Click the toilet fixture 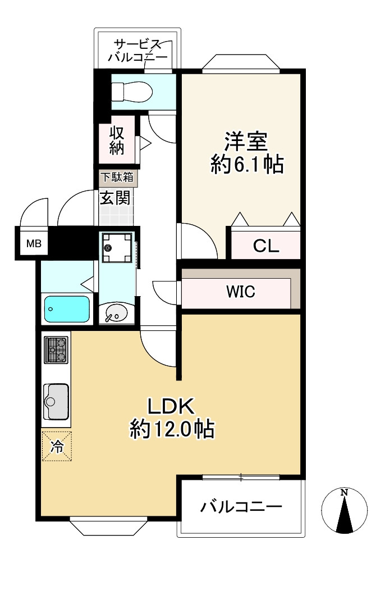132,92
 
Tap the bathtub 67,309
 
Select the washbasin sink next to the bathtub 117,312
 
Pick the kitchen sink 56,402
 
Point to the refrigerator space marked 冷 57,446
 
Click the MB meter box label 34,243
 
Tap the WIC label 241,292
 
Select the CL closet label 266,246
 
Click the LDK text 171,406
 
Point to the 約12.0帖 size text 172,429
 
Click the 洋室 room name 246,142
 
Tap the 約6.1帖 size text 247,164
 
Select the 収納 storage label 117,140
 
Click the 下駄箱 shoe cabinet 118,178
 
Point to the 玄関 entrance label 115,198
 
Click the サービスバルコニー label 138,51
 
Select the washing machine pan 117,247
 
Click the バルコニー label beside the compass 241,506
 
